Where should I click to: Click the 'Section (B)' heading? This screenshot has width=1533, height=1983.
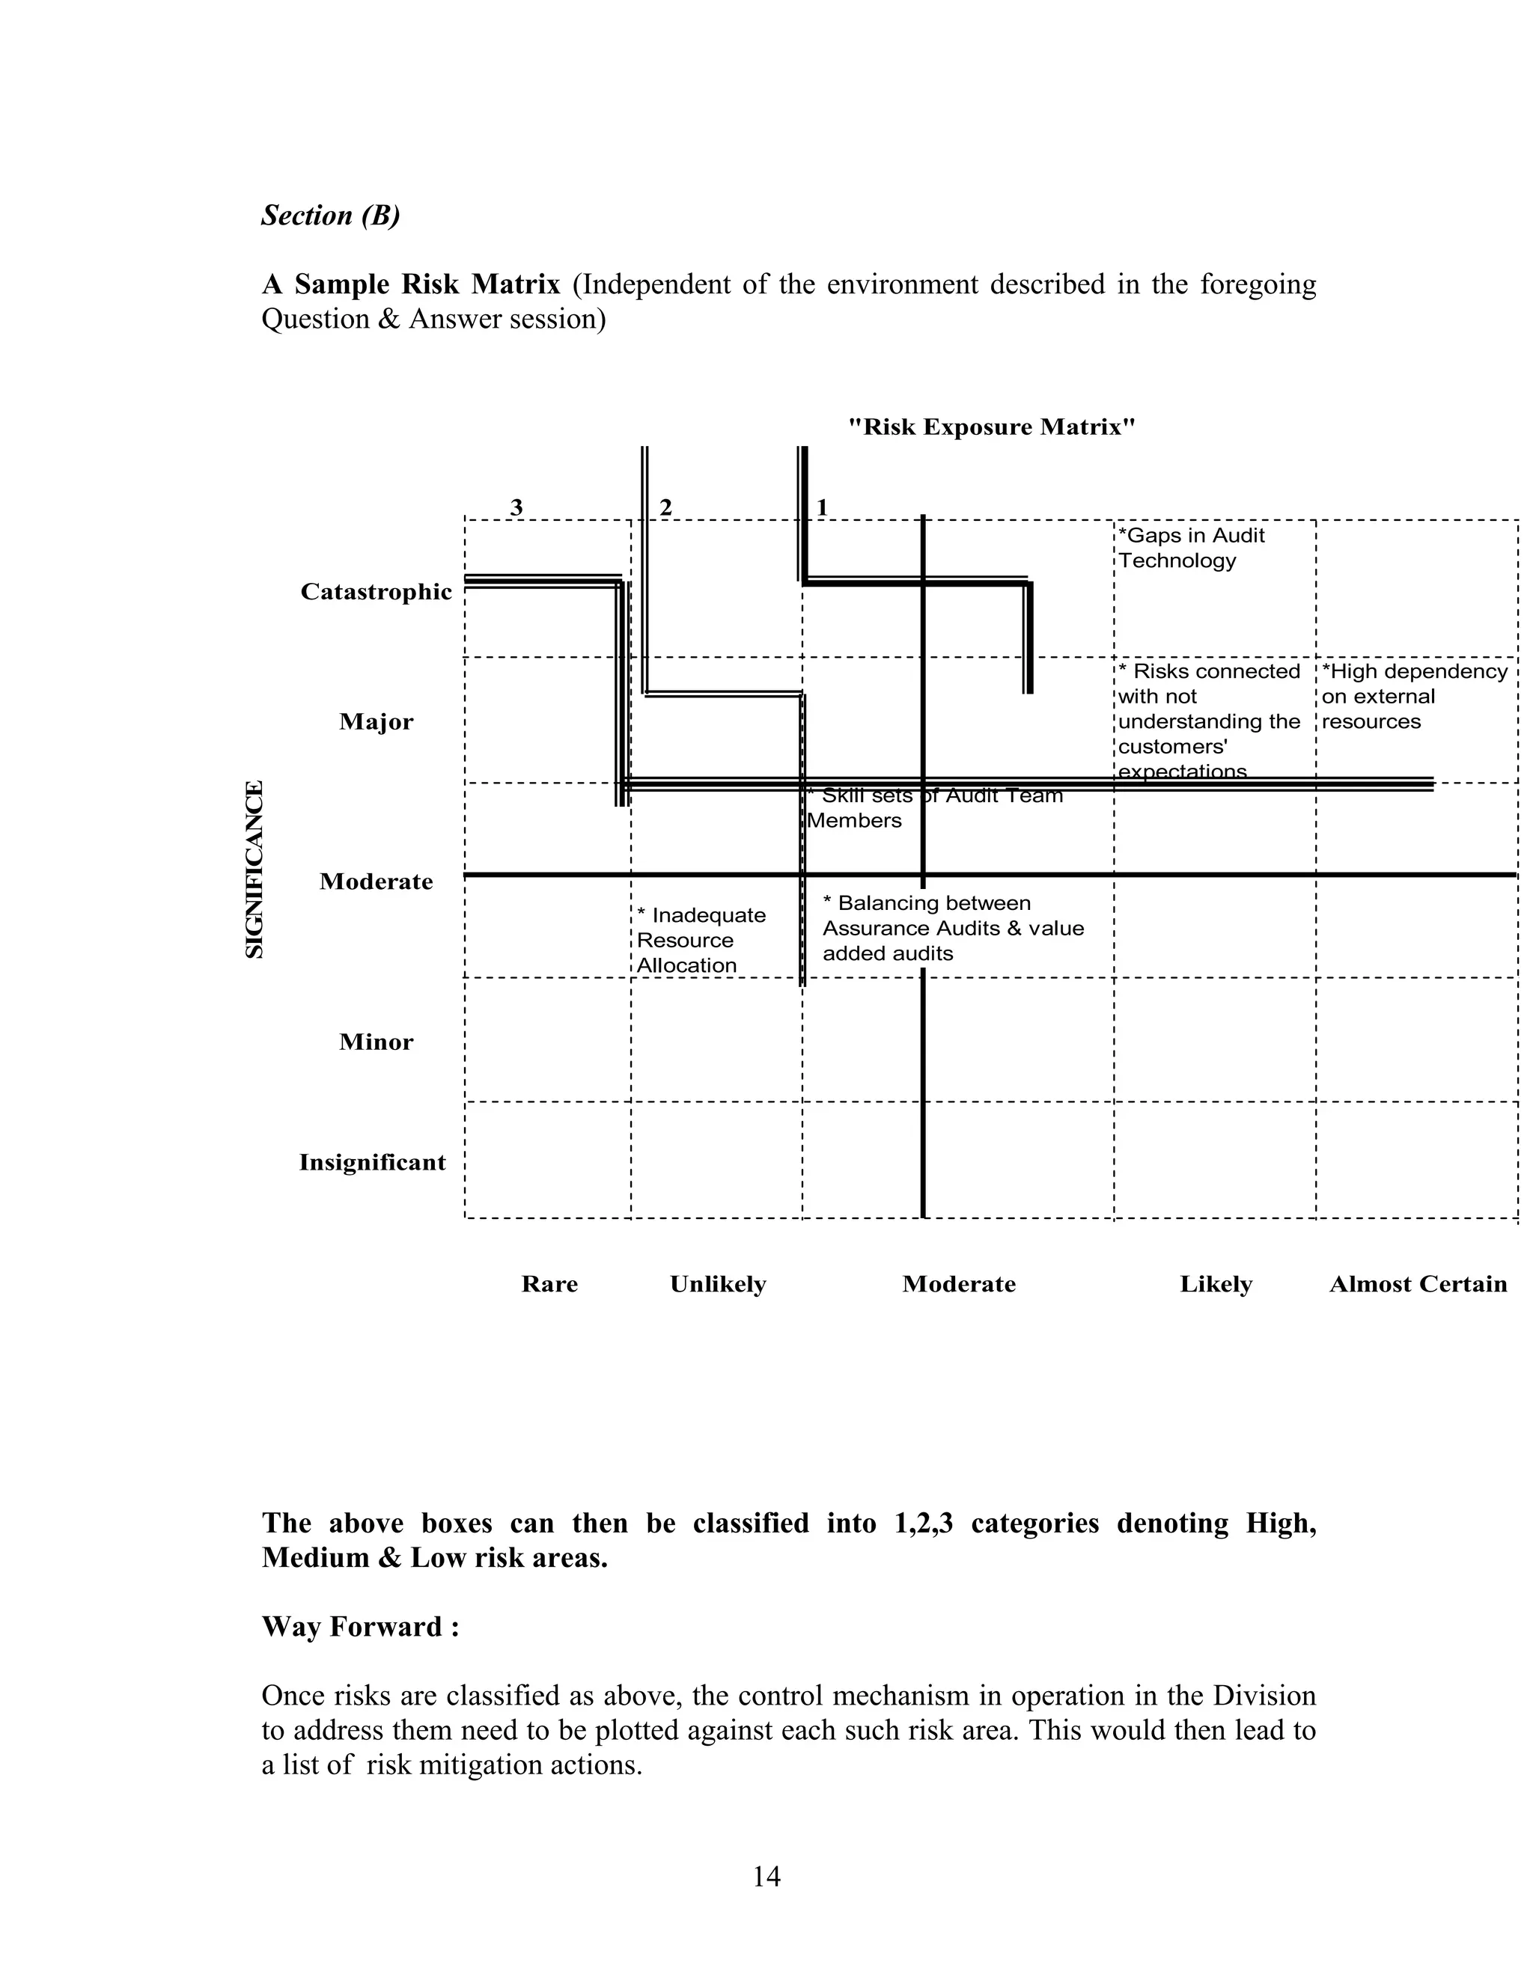[x=331, y=216]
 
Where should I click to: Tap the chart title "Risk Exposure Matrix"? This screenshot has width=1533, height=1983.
[x=991, y=427]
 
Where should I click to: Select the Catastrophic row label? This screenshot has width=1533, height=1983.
[x=376, y=592]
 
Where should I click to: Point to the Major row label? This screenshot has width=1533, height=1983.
[x=376, y=722]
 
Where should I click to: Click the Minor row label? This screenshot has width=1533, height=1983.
[x=376, y=1042]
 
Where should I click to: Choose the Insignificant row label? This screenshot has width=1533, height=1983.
[x=372, y=1162]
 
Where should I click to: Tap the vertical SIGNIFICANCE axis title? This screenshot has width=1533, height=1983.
[x=255, y=869]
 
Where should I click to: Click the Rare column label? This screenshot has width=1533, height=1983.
[x=549, y=1284]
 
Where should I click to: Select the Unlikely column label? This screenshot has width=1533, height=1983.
[x=717, y=1284]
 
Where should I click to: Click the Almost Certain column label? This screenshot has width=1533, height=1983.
[x=1418, y=1284]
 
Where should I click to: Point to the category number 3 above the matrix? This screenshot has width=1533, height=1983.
[x=516, y=507]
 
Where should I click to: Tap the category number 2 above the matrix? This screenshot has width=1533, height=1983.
[x=665, y=507]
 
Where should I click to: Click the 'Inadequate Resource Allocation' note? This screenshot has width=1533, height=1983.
[x=699, y=940]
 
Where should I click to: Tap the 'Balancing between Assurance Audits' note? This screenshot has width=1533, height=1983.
[x=952, y=928]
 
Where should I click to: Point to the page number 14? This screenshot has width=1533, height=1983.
[x=766, y=1876]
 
